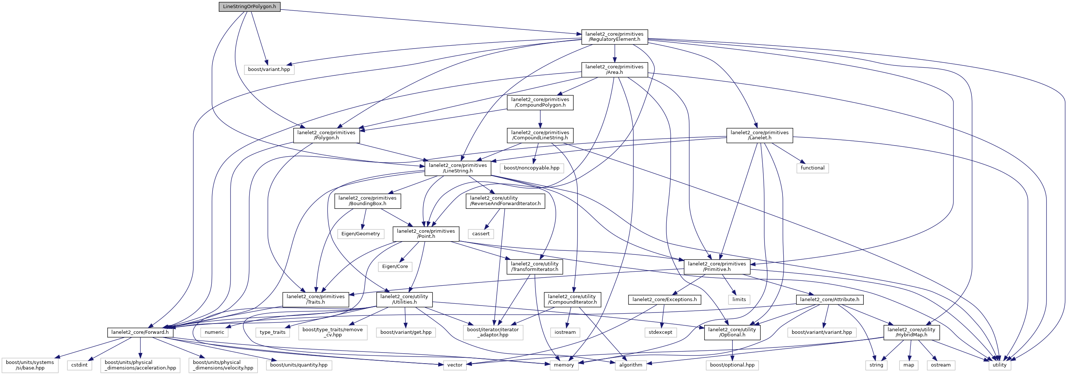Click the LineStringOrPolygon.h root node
[249, 7]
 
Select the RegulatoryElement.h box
[614, 37]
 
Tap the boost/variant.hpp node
[269, 69]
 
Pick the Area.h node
[614, 69]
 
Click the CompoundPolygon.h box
[540, 102]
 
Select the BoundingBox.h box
[368, 201]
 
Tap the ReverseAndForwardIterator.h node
[505, 201]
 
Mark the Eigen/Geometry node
[360, 234]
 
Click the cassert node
[481, 234]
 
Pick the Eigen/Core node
[395, 267]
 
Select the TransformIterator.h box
[535, 267]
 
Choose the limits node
[739, 300]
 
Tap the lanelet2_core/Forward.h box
[140, 332]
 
